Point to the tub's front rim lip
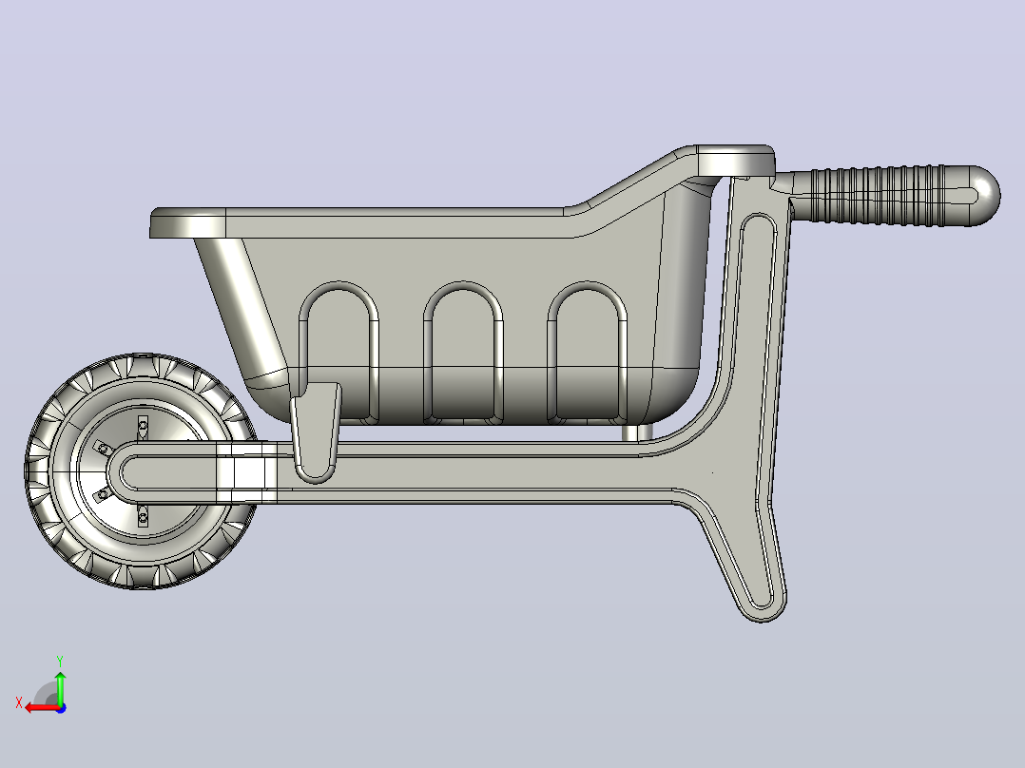[187, 222]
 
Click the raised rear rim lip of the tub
[736, 161]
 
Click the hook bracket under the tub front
[316, 432]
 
